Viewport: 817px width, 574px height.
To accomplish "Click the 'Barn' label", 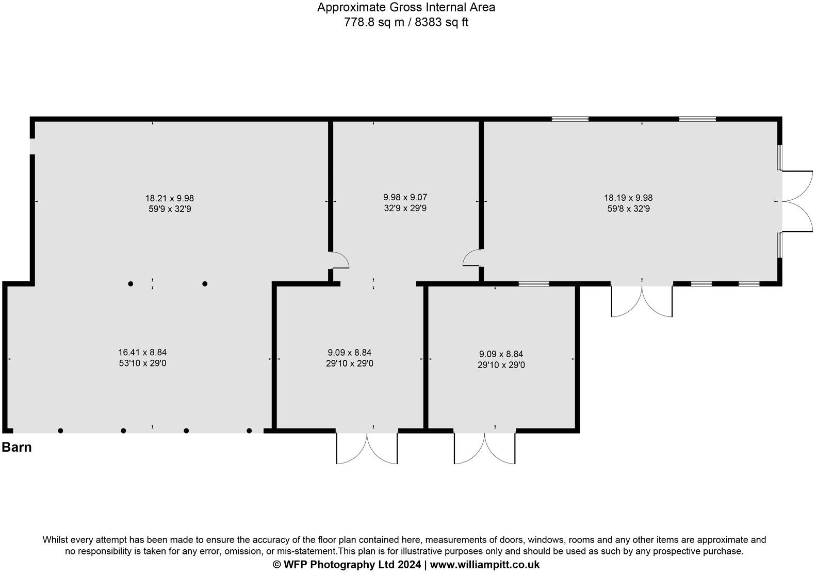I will [17, 447].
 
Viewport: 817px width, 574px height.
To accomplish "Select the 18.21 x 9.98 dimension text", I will [169, 198].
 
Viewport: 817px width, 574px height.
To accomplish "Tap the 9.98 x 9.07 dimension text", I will [405, 197].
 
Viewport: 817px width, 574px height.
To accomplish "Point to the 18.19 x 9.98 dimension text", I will [628, 198].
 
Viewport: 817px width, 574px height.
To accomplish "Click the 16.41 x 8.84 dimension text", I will [142, 353].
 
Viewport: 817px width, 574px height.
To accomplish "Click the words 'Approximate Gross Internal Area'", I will [406, 7].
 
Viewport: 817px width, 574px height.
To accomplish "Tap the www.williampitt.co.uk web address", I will [484, 565].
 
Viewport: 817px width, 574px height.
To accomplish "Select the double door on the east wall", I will [797, 201].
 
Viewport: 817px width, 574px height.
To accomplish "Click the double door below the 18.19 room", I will [642, 301].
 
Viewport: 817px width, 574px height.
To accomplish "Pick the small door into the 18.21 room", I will [339, 260].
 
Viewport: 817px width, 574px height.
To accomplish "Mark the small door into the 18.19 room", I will [472, 258].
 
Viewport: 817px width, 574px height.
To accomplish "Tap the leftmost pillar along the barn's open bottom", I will [60, 430].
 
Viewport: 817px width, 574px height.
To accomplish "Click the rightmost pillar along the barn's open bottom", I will [249, 430].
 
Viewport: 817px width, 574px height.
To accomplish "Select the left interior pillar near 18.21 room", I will [130, 284].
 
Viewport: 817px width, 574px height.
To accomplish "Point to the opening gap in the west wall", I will [32, 146].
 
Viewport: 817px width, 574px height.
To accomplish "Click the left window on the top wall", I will [570, 119].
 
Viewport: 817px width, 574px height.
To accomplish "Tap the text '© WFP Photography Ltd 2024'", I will [347, 565].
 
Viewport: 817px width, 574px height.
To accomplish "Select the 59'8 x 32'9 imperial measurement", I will [628, 209].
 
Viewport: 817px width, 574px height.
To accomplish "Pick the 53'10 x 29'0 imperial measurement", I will [142, 363].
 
